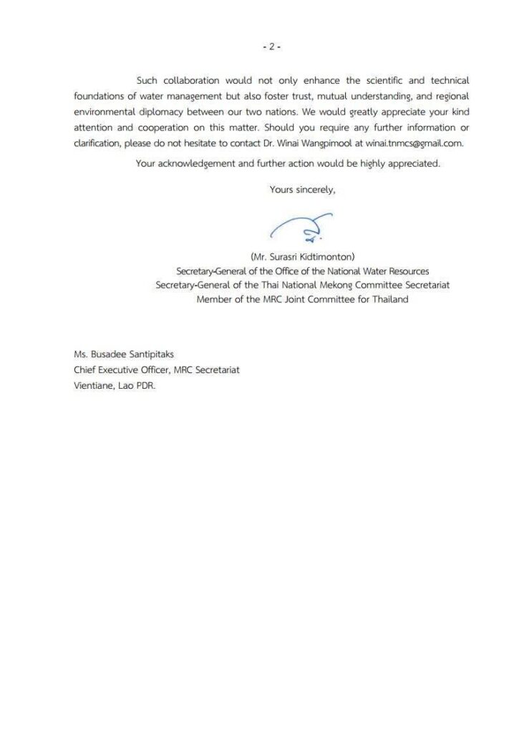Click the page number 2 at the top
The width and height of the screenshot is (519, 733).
click(271, 47)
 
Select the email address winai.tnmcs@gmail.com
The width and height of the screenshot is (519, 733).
click(414, 142)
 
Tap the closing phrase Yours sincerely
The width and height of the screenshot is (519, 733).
click(302, 190)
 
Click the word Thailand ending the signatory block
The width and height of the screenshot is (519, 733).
click(387, 299)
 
